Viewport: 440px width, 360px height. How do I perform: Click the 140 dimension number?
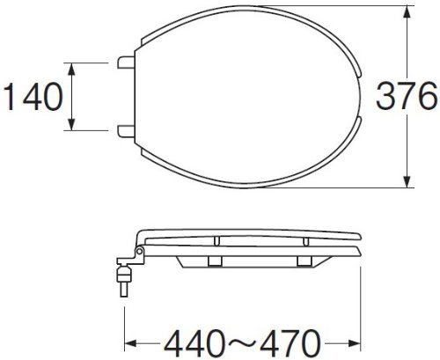pyautogui.click(x=33, y=97)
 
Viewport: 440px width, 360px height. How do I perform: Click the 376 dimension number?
pyautogui.click(x=407, y=96)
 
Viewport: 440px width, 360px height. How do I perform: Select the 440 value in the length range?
pyautogui.click(x=194, y=343)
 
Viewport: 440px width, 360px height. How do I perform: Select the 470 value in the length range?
pyautogui.click(x=290, y=343)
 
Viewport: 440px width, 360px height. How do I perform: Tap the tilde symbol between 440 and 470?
pyautogui.click(x=243, y=342)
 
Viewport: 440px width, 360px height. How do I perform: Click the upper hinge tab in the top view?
pyautogui.click(x=126, y=62)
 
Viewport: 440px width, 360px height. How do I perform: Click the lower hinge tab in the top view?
pyautogui.click(x=126, y=131)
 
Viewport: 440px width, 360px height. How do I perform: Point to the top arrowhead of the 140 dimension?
pyautogui.click(x=71, y=69)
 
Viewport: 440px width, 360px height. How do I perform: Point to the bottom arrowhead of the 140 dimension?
pyautogui.click(x=71, y=124)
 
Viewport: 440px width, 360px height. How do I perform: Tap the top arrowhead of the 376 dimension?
pyautogui.click(x=407, y=12)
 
